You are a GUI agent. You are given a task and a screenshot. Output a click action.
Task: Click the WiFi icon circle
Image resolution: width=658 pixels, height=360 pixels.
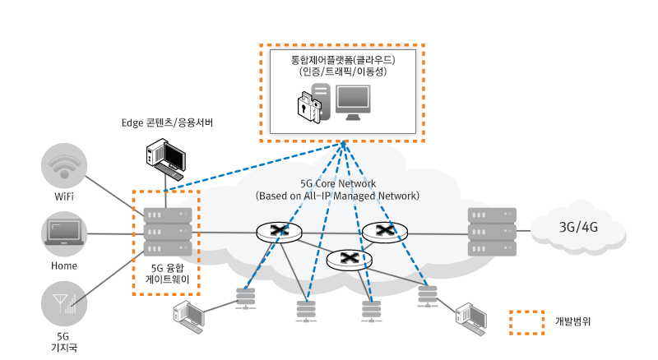pyautogui.click(x=63, y=166)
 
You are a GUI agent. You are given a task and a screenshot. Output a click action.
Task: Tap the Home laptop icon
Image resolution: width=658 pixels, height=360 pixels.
pyautogui.click(x=63, y=233)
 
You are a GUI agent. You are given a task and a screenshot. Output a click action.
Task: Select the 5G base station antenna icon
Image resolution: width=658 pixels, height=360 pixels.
pyautogui.click(x=63, y=305)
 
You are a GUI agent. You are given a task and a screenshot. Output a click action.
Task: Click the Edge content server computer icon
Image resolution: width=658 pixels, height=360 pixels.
pyautogui.click(x=165, y=157)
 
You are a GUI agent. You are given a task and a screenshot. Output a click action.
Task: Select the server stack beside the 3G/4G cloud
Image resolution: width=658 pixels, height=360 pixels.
pyautogui.click(x=492, y=232)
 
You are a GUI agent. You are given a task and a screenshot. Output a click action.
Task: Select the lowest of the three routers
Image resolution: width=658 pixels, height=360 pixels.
pyautogui.click(x=349, y=259)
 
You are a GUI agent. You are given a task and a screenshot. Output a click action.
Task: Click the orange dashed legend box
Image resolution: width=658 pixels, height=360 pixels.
pyautogui.click(x=526, y=322)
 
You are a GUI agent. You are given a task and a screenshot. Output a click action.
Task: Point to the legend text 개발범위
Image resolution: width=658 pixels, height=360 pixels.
pyautogui.click(x=574, y=322)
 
